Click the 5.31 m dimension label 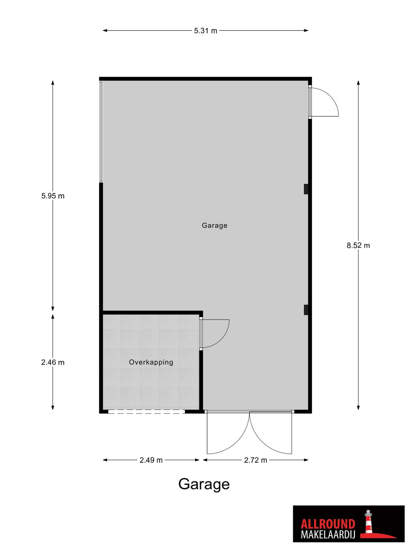pos(206,31)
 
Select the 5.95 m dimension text pos(53,196)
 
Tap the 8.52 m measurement pos(358,246)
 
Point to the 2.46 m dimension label pos(53,362)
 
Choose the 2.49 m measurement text pos(151,460)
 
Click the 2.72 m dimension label pos(256,460)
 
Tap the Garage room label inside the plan pos(214,226)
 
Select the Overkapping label pos(151,362)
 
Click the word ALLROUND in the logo pos(328,517)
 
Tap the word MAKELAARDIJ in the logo pos(328,527)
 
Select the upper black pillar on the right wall pos(306,189)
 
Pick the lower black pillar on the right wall pos(306,310)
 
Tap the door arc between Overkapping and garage pos(223,338)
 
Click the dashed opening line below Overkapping pos(147,412)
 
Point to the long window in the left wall pos(101,132)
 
